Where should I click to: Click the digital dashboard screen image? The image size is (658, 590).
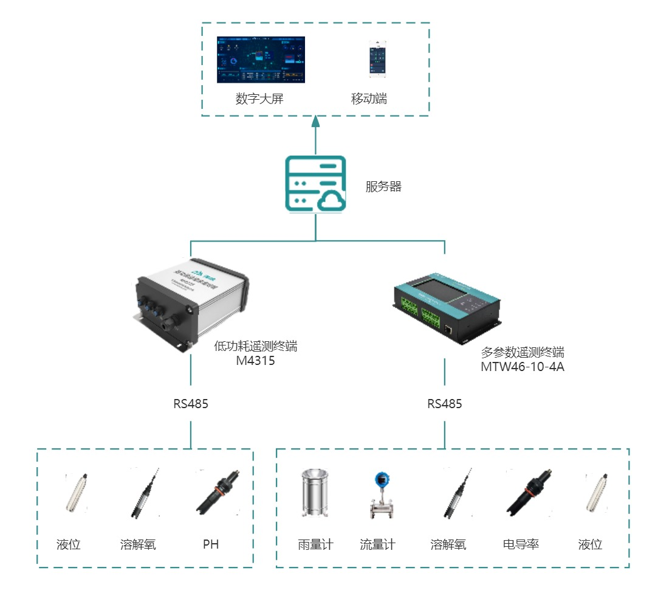(261, 60)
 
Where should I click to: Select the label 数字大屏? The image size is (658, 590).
(259, 99)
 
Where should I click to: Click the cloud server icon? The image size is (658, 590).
(315, 184)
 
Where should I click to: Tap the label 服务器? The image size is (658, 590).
(383, 187)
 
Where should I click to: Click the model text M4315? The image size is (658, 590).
(255, 361)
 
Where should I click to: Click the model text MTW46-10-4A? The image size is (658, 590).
(523, 367)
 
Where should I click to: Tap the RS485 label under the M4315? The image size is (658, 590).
(191, 404)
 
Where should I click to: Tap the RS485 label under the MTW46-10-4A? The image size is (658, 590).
(444, 404)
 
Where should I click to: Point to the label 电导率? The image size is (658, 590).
(521, 544)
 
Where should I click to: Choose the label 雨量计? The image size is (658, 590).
(315, 544)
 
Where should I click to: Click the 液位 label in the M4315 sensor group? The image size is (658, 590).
(67, 544)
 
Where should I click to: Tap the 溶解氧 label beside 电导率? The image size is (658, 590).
(448, 544)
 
